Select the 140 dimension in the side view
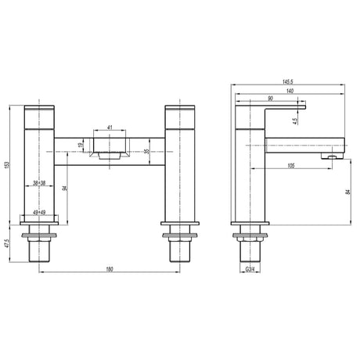(290, 92)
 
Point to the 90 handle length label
(269, 99)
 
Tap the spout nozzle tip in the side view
(333, 157)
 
